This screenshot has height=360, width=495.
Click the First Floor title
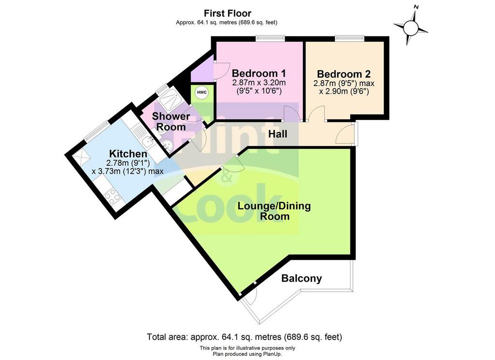pyautogui.click(x=227, y=13)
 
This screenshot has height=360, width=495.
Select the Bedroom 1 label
pyautogui.click(x=259, y=73)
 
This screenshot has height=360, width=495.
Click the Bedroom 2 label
pyautogui.click(x=344, y=74)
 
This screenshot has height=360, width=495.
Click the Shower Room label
pyautogui.click(x=171, y=121)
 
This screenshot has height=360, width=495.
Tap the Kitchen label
pyautogui.click(x=128, y=154)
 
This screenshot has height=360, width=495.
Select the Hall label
pyautogui.click(x=278, y=134)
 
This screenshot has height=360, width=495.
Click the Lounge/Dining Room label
pyautogui.click(x=274, y=211)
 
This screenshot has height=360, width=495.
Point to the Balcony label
pyautogui.click(x=302, y=278)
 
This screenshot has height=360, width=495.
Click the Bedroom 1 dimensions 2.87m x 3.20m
pyautogui.click(x=259, y=83)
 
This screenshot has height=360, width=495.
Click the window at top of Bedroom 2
pyautogui.click(x=350, y=38)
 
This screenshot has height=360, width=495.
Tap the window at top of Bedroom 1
pyautogui.click(x=270, y=38)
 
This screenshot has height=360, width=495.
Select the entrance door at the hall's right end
pyautogui.click(x=346, y=134)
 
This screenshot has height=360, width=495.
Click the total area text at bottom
pyautogui.click(x=244, y=337)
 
